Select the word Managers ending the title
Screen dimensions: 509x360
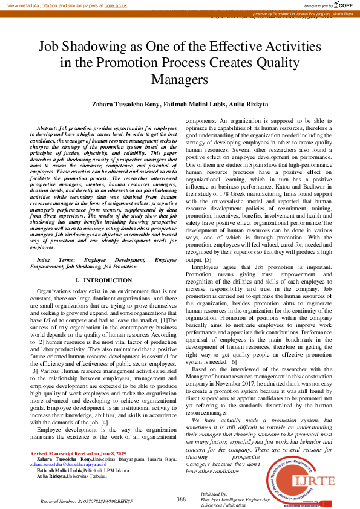(180, 79)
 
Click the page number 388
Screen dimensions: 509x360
(181, 499)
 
